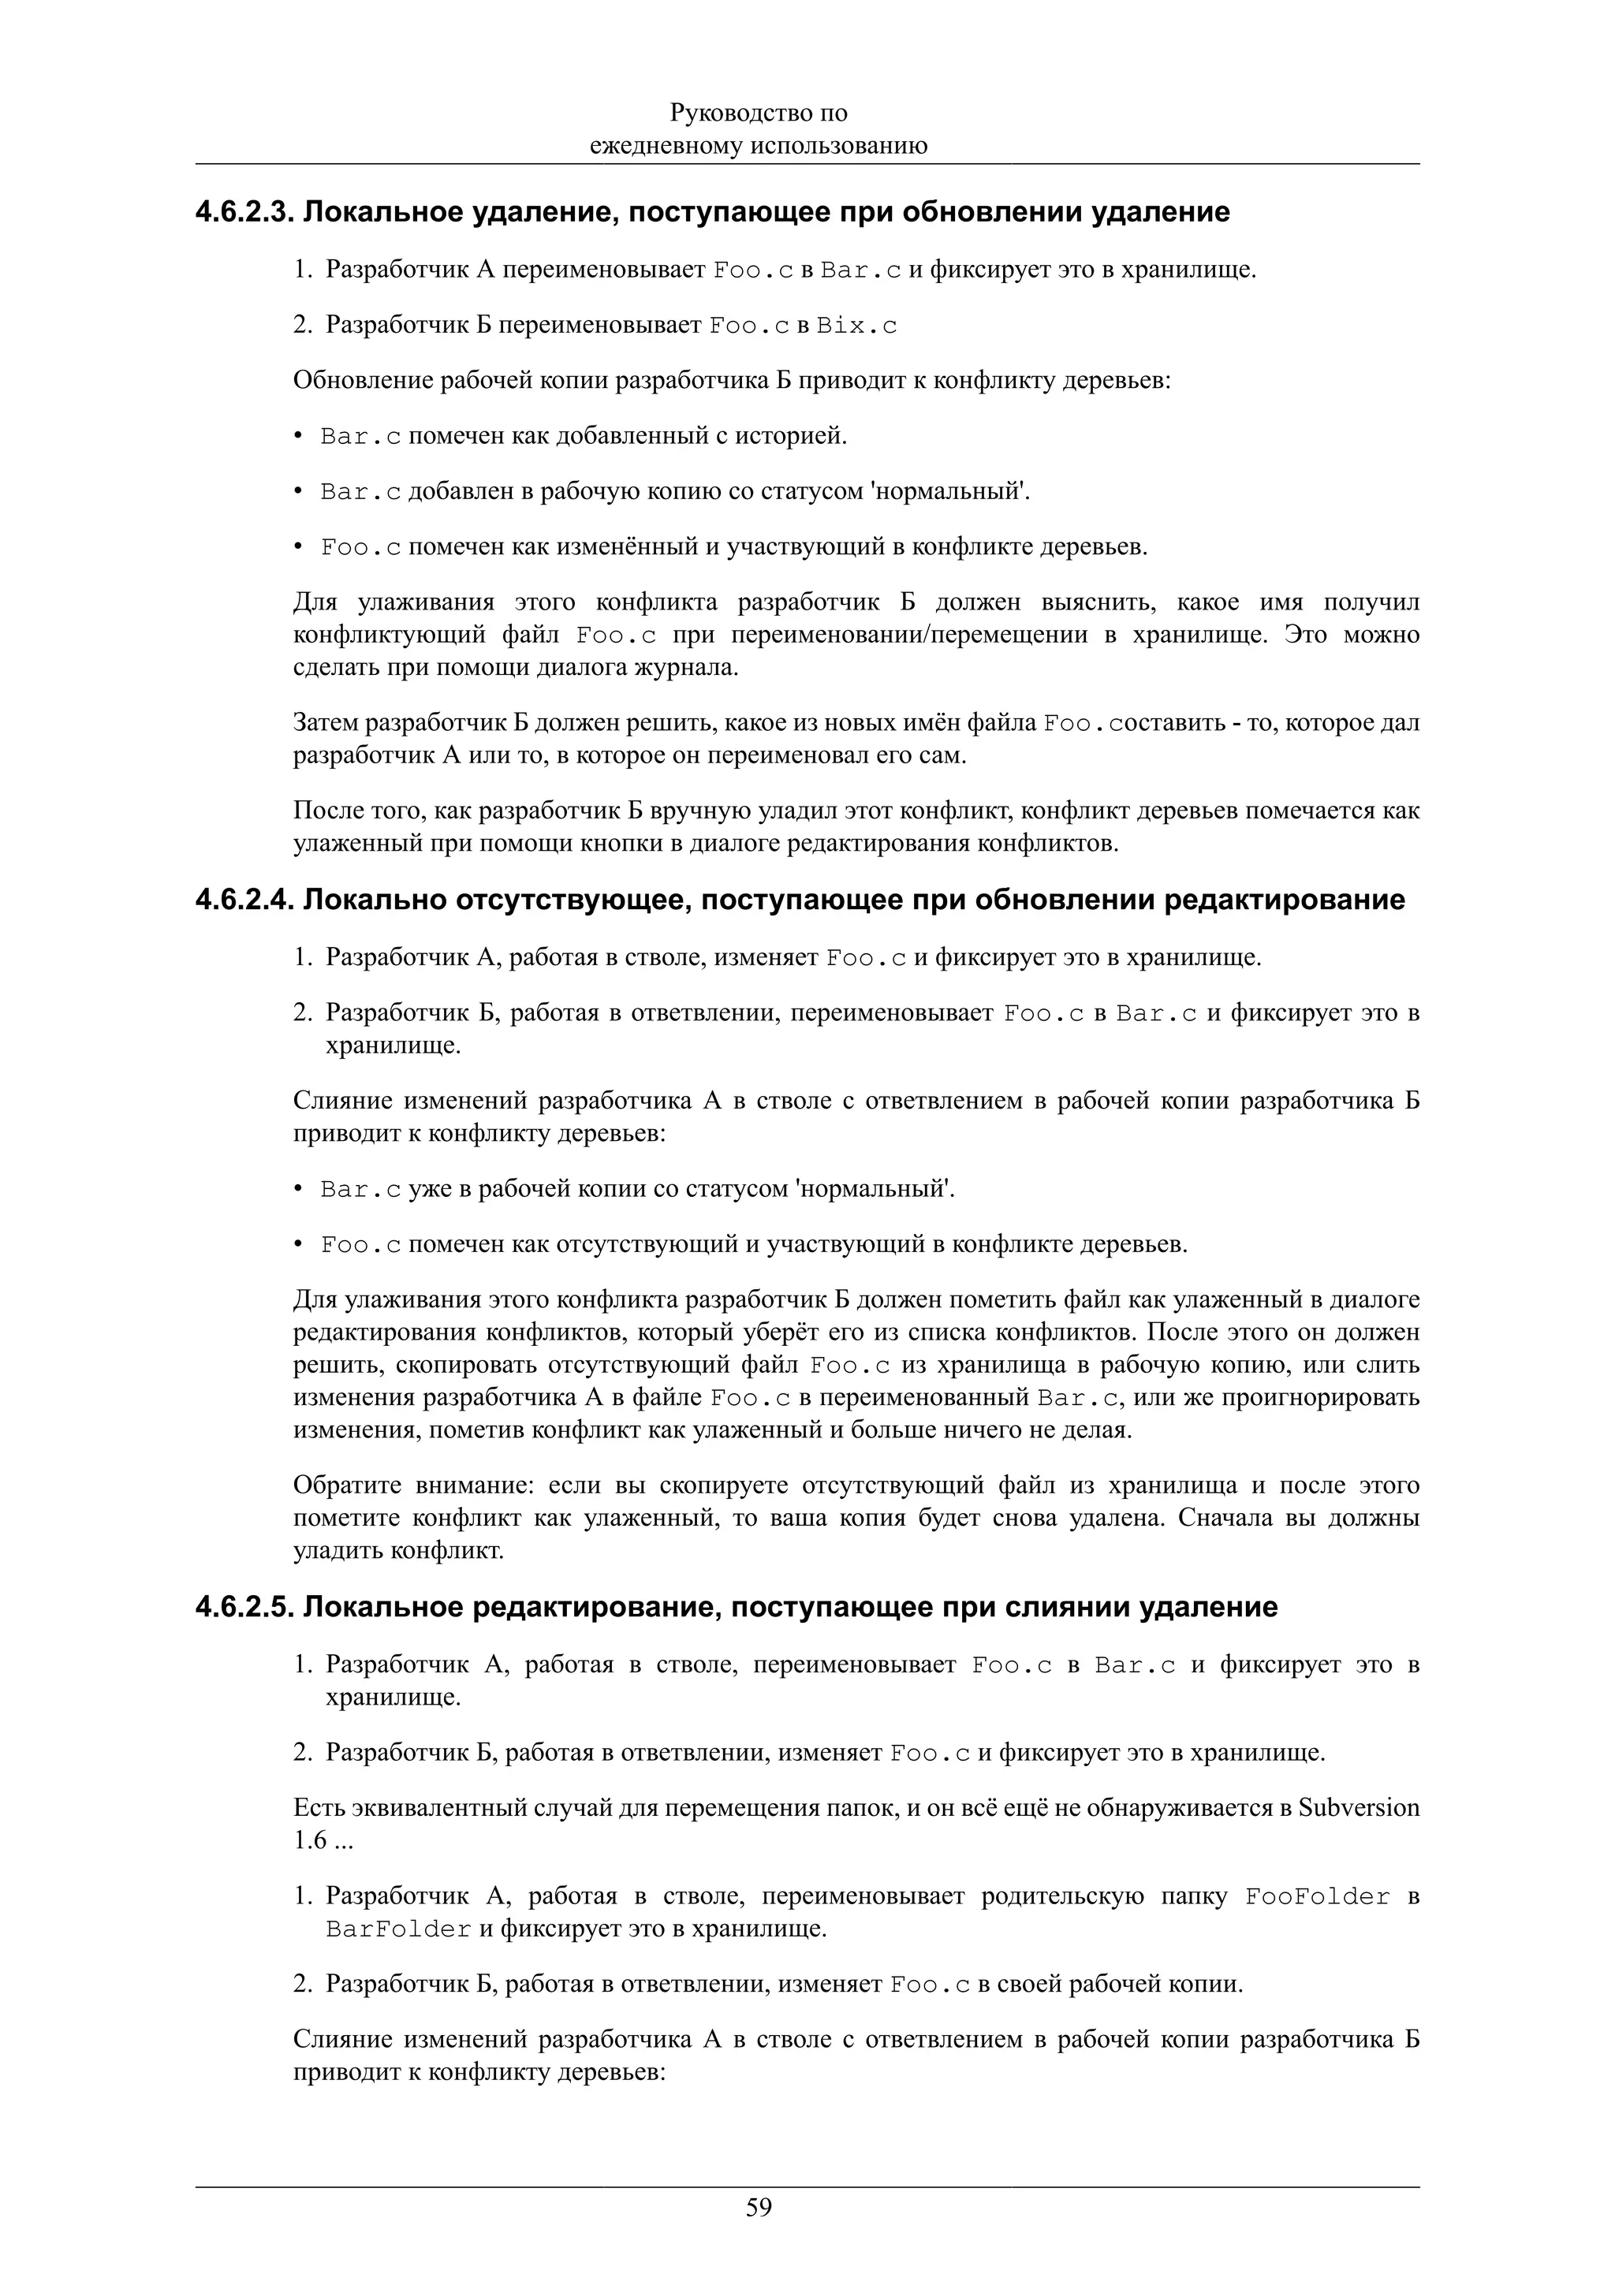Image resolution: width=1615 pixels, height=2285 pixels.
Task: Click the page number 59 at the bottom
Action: tap(759, 2209)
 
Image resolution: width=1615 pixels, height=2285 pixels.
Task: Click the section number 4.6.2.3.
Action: tap(244, 212)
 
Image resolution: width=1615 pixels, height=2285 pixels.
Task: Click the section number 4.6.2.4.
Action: tap(244, 900)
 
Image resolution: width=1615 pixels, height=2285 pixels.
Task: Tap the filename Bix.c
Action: tap(856, 326)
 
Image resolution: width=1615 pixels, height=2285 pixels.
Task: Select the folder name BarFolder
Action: tap(398, 1929)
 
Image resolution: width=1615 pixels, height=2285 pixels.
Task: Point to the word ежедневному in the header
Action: tap(665, 147)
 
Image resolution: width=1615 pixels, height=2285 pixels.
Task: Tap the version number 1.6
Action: tap(311, 1841)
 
